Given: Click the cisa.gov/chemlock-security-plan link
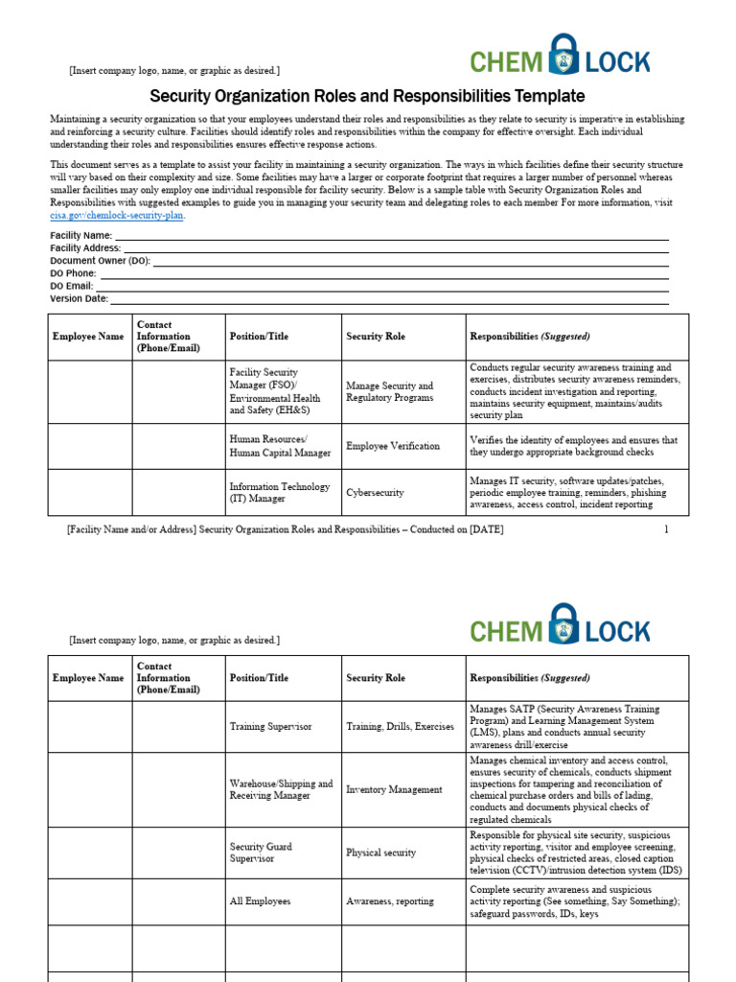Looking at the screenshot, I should coord(117,216).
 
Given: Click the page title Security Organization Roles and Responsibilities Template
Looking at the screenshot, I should coord(367,96).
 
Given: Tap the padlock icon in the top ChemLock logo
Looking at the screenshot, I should coord(564,55).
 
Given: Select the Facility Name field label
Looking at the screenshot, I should coord(81,235).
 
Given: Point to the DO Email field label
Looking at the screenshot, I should coord(72,286).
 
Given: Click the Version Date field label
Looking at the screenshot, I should coord(79,298).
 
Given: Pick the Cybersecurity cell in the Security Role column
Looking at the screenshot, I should coord(375,493).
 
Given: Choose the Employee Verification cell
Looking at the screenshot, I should coord(393,446).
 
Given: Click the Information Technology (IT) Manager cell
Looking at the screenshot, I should coord(279,493).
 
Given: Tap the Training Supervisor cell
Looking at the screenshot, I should coord(270,727).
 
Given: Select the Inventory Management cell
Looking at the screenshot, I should coord(394,790).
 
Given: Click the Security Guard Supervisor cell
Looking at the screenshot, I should coord(261,853).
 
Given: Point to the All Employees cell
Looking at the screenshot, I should coord(260,901).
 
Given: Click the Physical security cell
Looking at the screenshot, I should coord(380,853).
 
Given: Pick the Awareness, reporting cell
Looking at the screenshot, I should coord(389,901).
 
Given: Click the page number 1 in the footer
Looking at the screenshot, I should coord(666,529).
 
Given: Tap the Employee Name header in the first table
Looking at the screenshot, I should coord(88,337).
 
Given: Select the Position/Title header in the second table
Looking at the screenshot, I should coord(259,678).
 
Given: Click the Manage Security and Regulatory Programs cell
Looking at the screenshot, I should coord(389,392).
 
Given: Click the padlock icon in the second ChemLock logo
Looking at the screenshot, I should coord(564,624).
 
